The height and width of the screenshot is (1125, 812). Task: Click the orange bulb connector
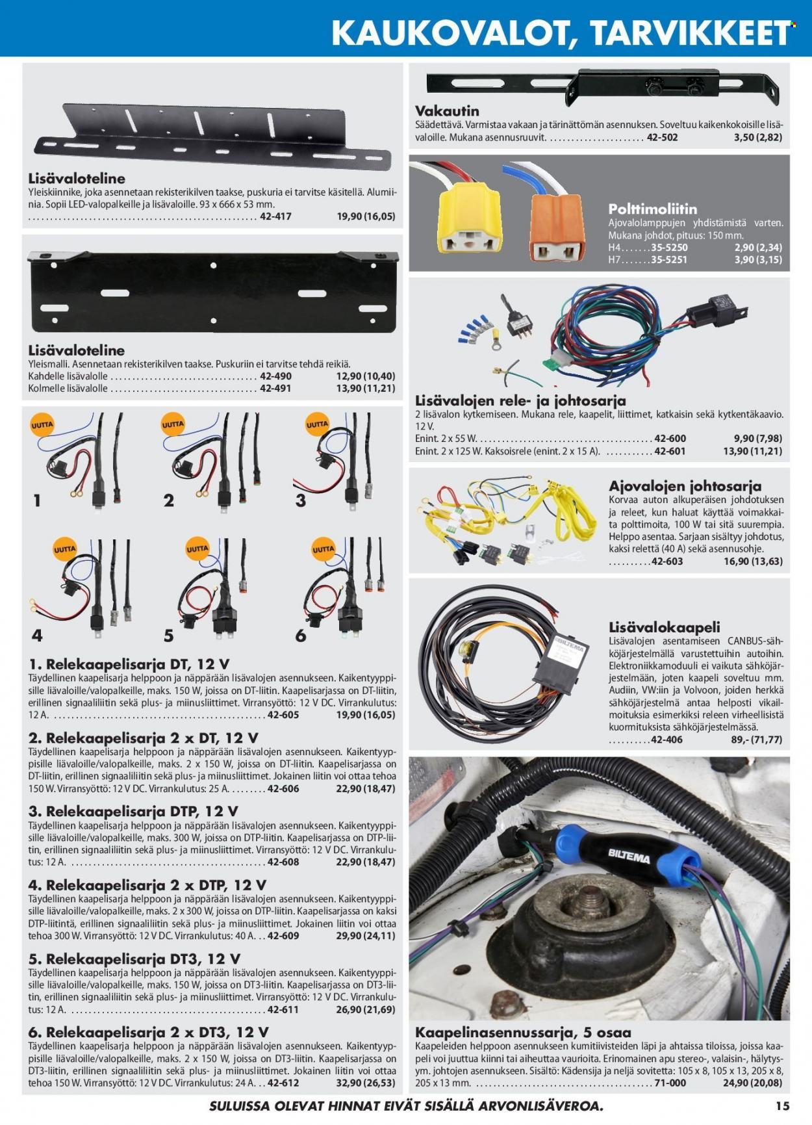tap(557, 227)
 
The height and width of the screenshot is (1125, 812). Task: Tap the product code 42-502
tap(662, 138)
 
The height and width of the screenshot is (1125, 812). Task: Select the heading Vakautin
tap(447, 110)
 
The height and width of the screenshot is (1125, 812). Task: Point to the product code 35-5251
tap(669, 260)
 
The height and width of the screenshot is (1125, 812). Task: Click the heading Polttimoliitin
tap(652, 209)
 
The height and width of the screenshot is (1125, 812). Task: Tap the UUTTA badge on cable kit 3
tap(318, 424)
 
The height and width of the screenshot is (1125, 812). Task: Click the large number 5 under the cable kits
tap(169, 636)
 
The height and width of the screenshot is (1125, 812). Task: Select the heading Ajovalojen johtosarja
tap(685, 485)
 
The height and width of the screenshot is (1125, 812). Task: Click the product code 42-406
tap(666, 740)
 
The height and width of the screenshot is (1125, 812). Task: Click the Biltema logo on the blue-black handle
tap(628, 855)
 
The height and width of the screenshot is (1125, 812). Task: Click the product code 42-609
tap(283, 936)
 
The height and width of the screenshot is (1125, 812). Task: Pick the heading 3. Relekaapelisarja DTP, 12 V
tap(133, 811)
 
